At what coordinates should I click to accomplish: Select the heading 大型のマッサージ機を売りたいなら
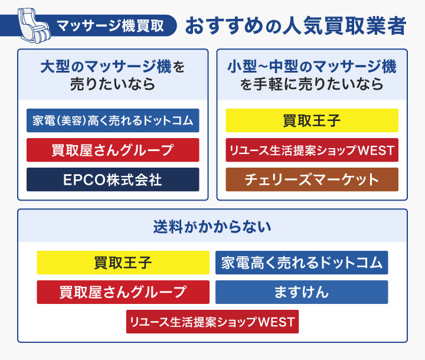[113, 75]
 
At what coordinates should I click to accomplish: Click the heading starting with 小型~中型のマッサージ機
[312, 75]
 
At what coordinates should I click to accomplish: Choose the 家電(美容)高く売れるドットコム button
[113, 120]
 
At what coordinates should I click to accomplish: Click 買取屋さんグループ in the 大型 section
[113, 150]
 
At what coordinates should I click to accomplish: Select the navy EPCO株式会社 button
[113, 179]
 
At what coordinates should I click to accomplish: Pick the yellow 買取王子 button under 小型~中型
[312, 120]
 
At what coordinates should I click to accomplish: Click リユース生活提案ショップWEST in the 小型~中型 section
[312, 150]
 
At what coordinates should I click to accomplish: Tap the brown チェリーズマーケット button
[312, 179]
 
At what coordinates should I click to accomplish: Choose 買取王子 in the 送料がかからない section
[123, 263]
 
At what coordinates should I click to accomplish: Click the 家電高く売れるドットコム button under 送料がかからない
[302, 263]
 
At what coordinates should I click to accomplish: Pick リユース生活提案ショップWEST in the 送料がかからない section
[212, 322]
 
